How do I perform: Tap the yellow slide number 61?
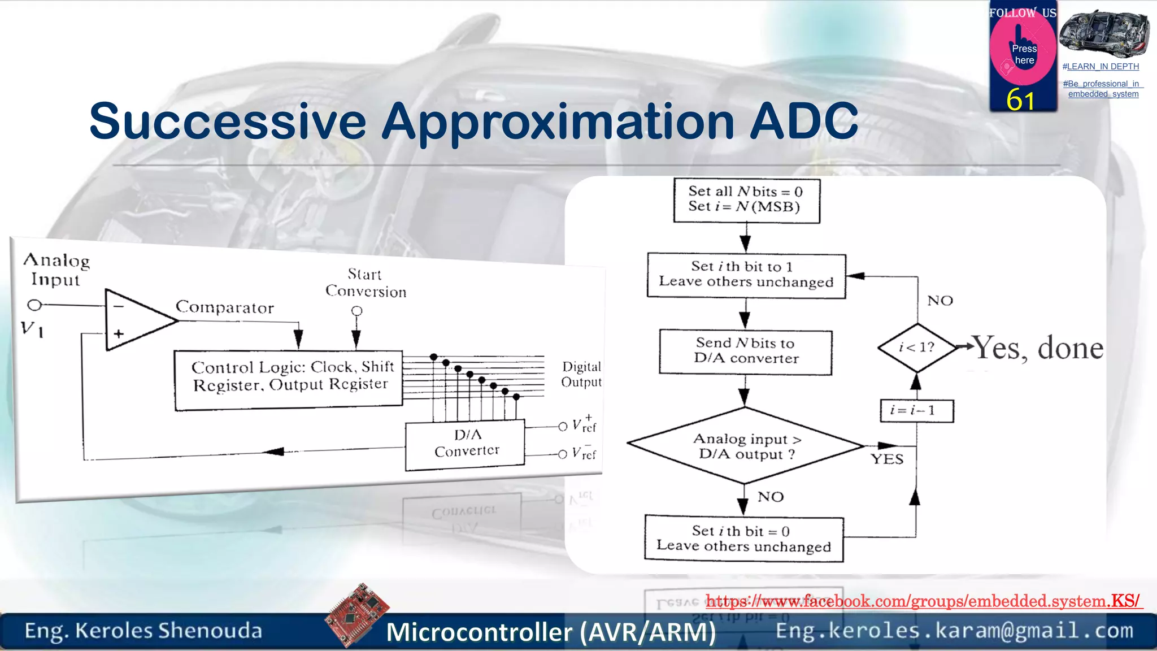click(x=1020, y=100)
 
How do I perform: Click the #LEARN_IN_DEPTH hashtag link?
click(x=1101, y=67)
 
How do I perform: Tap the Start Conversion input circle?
click(x=356, y=311)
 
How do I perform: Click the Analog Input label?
click(x=56, y=270)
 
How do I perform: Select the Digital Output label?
click(x=581, y=374)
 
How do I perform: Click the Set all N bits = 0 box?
click(x=746, y=200)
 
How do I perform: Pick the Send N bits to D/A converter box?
click(x=746, y=351)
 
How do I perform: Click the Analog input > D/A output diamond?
click(x=745, y=446)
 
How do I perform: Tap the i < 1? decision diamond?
click(x=916, y=348)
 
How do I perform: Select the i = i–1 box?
click(x=916, y=410)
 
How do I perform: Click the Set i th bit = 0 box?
click(x=744, y=539)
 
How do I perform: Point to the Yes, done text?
click(x=1038, y=348)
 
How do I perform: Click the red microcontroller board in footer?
click(x=357, y=615)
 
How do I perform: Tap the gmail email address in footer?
click(x=954, y=630)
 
